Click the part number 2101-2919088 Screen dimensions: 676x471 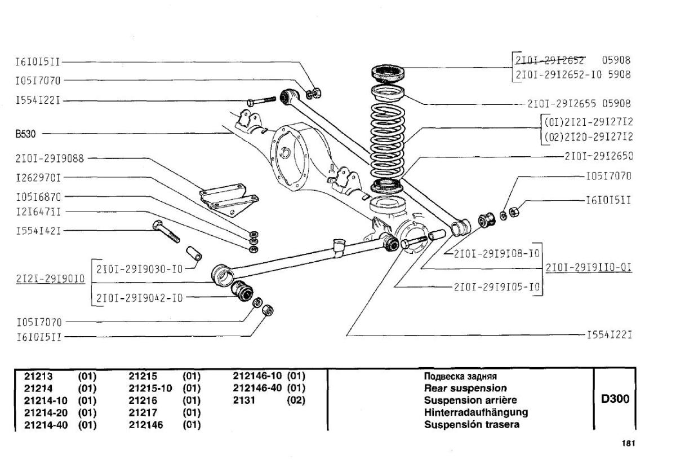click(x=50, y=159)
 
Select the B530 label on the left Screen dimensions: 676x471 click(x=26, y=134)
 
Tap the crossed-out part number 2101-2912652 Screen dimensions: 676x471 click(x=550, y=60)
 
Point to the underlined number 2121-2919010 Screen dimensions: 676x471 click(x=50, y=279)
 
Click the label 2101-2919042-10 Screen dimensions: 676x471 click(x=140, y=298)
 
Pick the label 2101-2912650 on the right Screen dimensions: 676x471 click(x=599, y=156)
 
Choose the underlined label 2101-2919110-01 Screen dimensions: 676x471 click(x=589, y=267)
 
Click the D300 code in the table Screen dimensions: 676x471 click(x=615, y=399)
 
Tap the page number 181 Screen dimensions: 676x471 click(x=628, y=443)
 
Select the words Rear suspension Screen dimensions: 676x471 click(x=465, y=388)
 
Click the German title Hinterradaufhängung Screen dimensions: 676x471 click(x=476, y=412)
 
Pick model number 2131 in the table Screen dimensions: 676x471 click(x=244, y=400)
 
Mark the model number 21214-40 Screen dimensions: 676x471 click(x=46, y=425)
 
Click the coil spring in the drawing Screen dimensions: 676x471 click(x=387, y=141)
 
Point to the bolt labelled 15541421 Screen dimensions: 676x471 click(x=166, y=231)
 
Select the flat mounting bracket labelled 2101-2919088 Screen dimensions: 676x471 click(x=229, y=199)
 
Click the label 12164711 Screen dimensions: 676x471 click(x=38, y=212)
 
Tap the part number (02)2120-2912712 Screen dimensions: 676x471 click(x=589, y=137)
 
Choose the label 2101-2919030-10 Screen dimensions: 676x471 click(x=140, y=269)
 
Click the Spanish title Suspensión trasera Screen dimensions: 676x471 click(x=472, y=425)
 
